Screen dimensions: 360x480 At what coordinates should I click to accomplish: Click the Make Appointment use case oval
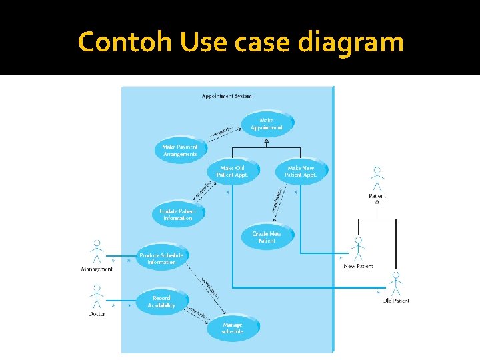(x=267, y=124)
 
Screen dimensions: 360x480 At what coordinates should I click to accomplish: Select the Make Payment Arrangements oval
(x=180, y=151)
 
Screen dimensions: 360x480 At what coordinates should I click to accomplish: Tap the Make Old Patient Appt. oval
(x=232, y=172)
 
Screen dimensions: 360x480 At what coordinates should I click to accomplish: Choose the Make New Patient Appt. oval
(x=301, y=172)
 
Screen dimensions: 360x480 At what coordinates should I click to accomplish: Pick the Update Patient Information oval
(x=177, y=215)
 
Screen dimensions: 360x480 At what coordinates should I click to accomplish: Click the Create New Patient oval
(x=267, y=237)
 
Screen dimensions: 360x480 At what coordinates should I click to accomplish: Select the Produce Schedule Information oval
(x=161, y=259)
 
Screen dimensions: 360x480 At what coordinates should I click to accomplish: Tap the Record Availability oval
(x=161, y=302)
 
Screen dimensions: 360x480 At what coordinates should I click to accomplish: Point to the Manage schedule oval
(x=233, y=328)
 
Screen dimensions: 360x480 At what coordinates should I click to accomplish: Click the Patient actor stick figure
(x=377, y=179)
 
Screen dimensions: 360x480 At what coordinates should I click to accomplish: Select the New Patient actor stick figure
(x=358, y=249)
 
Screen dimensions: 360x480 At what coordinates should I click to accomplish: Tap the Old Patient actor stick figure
(x=396, y=283)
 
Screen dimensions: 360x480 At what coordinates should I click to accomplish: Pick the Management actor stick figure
(x=97, y=252)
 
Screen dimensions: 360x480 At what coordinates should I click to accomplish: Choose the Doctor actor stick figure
(x=97, y=296)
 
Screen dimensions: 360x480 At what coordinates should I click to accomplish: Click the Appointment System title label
(x=227, y=96)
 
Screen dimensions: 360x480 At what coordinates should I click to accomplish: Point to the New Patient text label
(x=358, y=266)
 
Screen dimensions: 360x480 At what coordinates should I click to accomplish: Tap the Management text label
(x=97, y=269)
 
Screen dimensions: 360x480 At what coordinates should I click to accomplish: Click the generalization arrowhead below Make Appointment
(x=266, y=141)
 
